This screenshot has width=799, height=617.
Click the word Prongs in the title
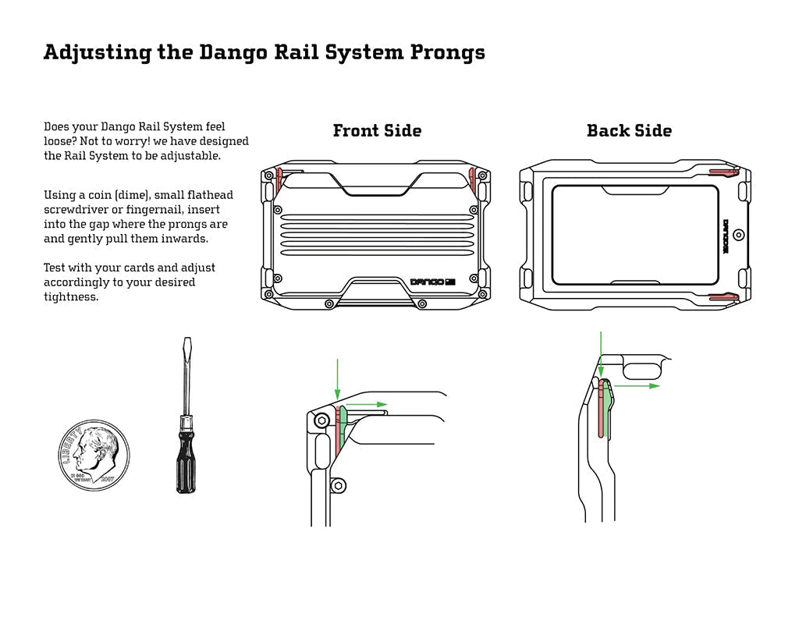tap(444, 53)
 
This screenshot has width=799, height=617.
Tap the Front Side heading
tap(377, 131)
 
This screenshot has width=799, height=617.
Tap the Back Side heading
tap(629, 131)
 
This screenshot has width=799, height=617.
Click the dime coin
tap(91, 454)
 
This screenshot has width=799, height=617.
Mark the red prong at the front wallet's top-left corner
tap(278, 180)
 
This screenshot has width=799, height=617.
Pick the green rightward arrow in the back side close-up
tap(636, 385)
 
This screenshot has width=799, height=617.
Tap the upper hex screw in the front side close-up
tap(321, 420)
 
